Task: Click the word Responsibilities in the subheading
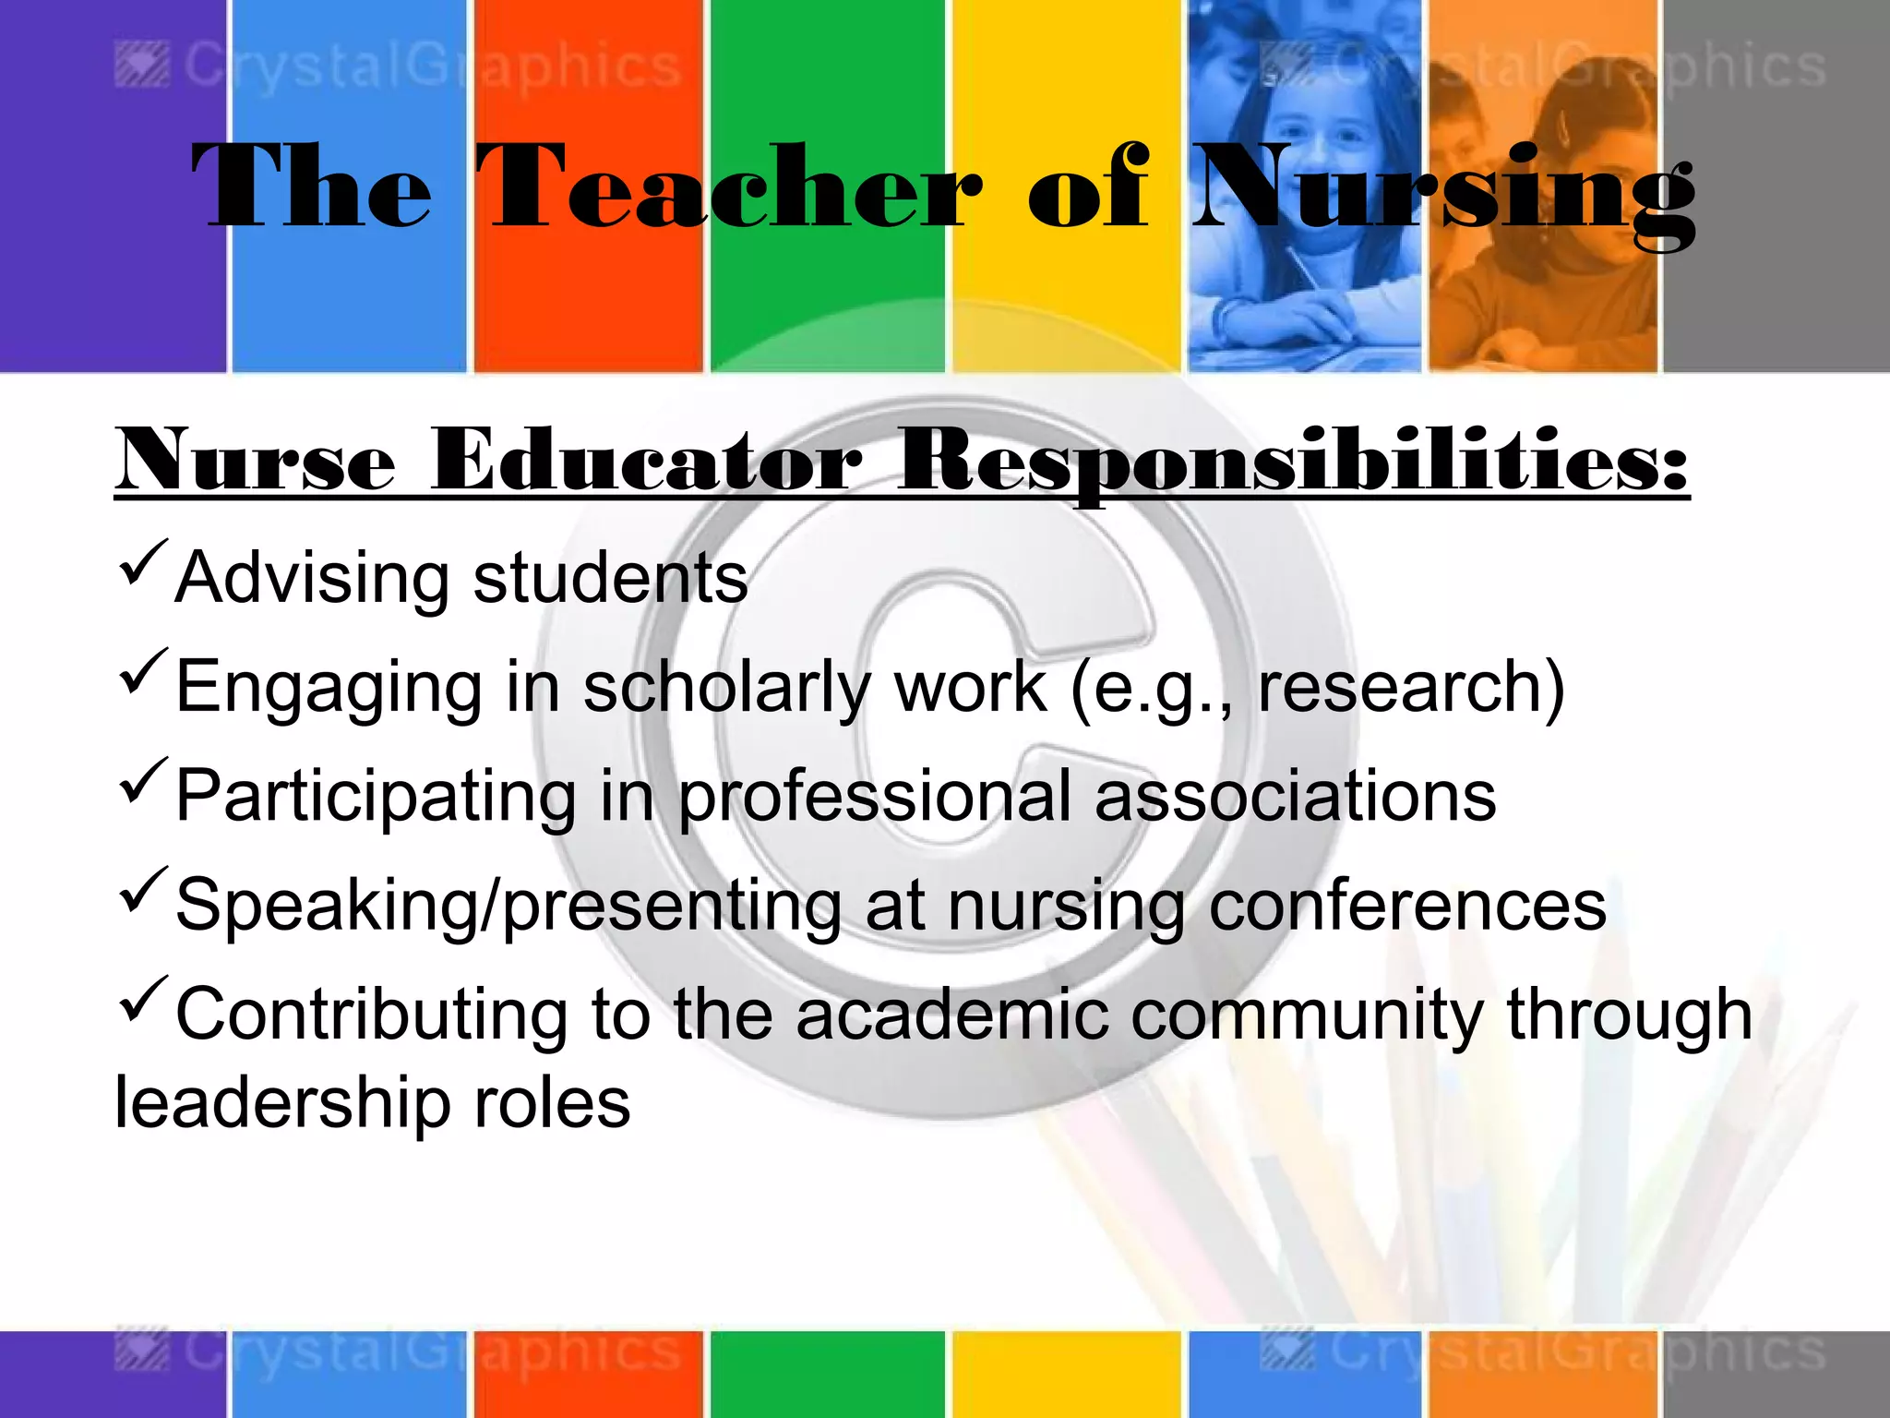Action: point(1292,461)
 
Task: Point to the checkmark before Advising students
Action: point(143,562)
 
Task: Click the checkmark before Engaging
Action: point(143,671)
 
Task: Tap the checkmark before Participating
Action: point(143,780)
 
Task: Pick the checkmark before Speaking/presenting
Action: point(143,889)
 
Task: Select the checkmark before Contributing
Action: point(143,998)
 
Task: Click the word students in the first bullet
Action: point(610,578)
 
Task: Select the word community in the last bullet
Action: point(1307,1015)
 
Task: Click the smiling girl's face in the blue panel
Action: point(1315,138)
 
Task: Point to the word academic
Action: point(951,1015)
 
